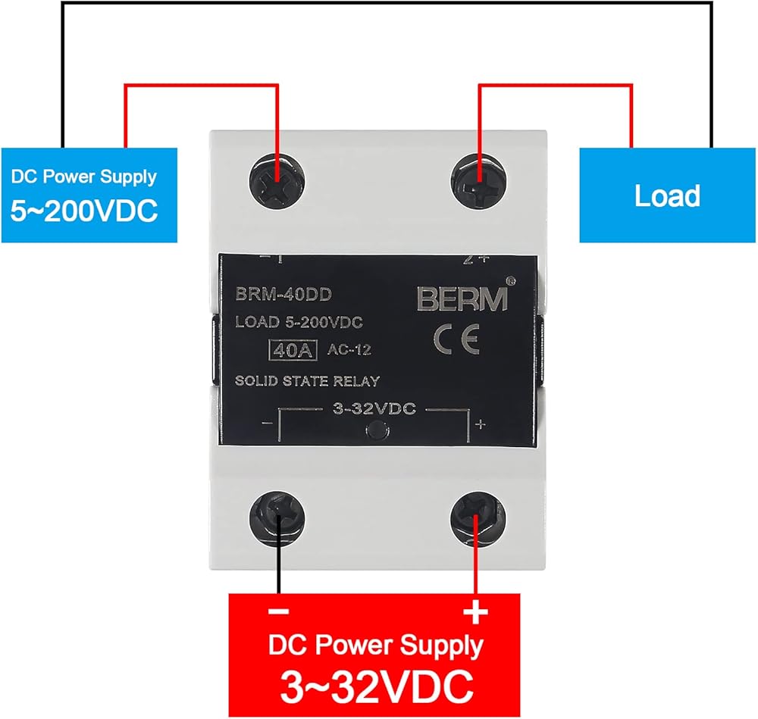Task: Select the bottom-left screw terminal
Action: pyautogui.click(x=279, y=522)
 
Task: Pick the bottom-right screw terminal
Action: pyautogui.click(x=476, y=521)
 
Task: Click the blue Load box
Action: pyautogui.click(x=667, y=195)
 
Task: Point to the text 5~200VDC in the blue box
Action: pyautogui.click(x=84, y=211)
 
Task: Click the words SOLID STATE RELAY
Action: pyautogui.click(x=306, y=380)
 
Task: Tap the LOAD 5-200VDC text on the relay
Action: pyautogui.click(x=299, y=322)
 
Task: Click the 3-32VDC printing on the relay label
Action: pyautogui.click(x=374, y=409)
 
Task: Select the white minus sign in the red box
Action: pyautogui.click(x=278, y=611)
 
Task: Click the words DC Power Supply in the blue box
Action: pyautogui.click(x=83, y=177)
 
